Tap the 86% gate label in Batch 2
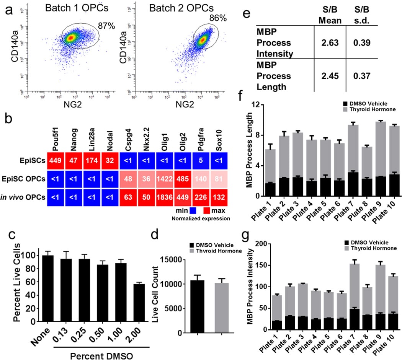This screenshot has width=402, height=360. click(x=217, y=18)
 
